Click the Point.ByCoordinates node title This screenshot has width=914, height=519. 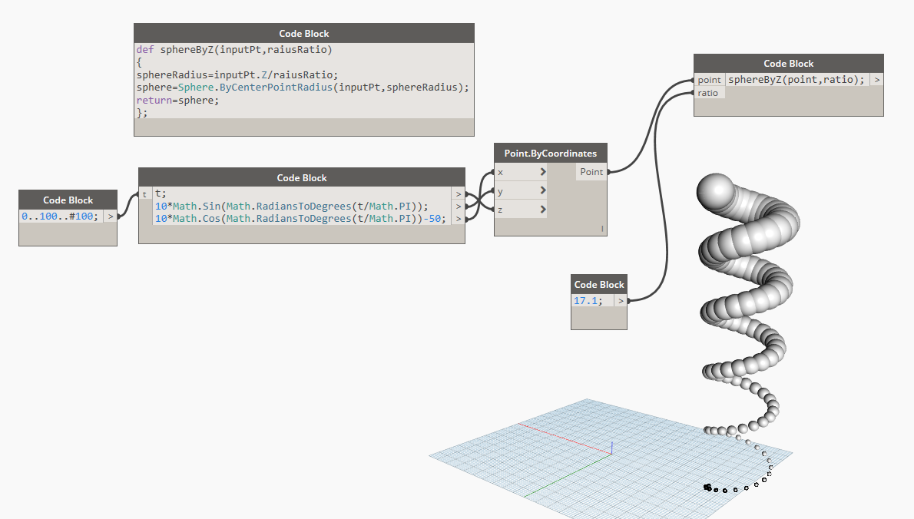pos(550,154)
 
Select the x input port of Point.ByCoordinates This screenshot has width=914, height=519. pos(521,172)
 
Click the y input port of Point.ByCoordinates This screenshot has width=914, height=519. pos(521,190)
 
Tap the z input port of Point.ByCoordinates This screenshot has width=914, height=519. pos(521,209)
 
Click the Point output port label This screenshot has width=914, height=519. pos(591,172)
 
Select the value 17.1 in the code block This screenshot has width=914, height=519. pos(586,300)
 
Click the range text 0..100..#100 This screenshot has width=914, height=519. pos(60,216)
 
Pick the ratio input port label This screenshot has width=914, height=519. pos(708,93)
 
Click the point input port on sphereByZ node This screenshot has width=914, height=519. pos(709,80)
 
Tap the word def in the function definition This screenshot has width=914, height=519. pos(145,49)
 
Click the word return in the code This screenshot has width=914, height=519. pos(154,100)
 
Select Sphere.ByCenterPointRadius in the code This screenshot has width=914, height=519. pos(255,88)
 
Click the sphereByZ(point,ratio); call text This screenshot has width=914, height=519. pos(796,80)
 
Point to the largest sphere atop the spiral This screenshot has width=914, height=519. pos(715,190)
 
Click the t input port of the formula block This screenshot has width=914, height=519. pos(145,194)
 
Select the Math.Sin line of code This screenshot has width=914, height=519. pos(291,207)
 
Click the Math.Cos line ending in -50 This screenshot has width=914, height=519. pos(300,219)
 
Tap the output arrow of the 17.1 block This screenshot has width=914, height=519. pos(621,300)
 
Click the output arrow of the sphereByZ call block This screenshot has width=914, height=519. pos(876,80)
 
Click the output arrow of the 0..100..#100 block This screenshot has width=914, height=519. pos(110,216)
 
